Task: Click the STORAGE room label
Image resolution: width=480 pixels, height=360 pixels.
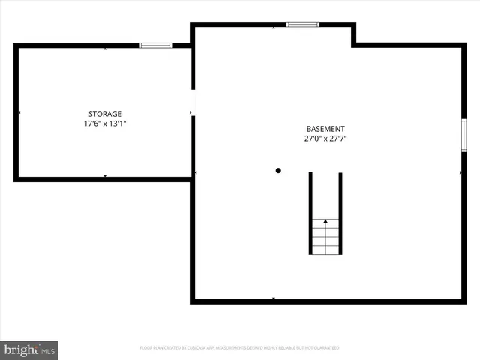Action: (104, 114)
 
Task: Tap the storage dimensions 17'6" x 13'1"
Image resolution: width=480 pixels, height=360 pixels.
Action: (105, 124)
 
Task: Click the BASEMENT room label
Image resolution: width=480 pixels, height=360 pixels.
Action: (325, 129)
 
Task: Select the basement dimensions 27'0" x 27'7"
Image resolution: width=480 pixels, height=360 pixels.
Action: (325, 139)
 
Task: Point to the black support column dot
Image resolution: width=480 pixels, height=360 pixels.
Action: (278, 171)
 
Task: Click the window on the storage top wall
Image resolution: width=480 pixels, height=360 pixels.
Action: (155, 46)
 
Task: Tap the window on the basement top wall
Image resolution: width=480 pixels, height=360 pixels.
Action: (303, 25)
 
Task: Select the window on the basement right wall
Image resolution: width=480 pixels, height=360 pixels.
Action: (463, 135)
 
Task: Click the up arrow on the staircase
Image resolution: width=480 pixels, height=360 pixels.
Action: (325, 221)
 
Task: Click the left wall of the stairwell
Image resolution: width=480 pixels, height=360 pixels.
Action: (310, 214)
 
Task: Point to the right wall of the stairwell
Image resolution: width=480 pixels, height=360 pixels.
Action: (340, 214)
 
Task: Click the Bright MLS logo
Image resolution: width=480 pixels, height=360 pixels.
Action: (29, 349)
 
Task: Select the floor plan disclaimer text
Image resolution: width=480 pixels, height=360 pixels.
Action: (239, 348)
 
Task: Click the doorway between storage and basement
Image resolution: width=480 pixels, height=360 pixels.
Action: (193, 101)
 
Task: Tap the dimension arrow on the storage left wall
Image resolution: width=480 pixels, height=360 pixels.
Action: (19, 113)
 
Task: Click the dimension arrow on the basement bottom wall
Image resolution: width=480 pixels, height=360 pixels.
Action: (274, 298)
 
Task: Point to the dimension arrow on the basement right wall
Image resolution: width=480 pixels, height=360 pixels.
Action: (460, 172)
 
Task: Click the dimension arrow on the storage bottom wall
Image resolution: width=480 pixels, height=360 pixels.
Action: (105, 176)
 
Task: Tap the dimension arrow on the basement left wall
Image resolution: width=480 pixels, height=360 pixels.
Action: (196, 172)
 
